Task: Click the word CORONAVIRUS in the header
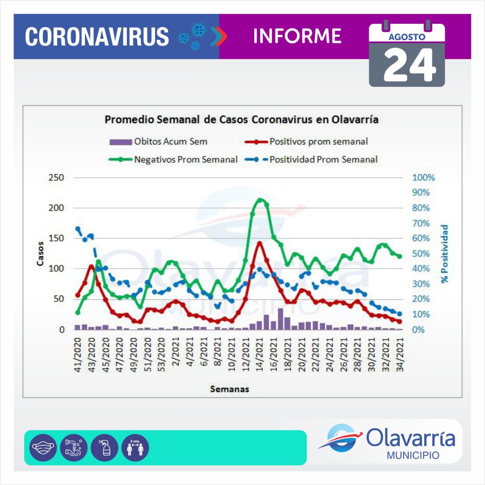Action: tap(97, 37)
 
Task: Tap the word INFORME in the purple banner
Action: tap(297, 36)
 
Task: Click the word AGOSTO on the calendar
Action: tap(407, 37)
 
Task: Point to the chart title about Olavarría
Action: tap(241, 119)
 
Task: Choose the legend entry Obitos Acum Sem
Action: tap(171, 142)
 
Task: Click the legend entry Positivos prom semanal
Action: tap(318, 142)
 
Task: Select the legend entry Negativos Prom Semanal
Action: tap(186, 160)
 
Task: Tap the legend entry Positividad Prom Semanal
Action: tap(323, 160)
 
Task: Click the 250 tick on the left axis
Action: tap(56, 177)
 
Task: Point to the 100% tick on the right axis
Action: tap(423, 177)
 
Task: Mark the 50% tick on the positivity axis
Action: tap(421, 253)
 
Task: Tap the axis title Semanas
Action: tap(230, 389)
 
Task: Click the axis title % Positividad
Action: tap(444, 253)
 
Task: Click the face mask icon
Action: tap(43, 447)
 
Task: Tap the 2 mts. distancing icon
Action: tap(135, 447)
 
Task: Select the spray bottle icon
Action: tap(105, 447)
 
